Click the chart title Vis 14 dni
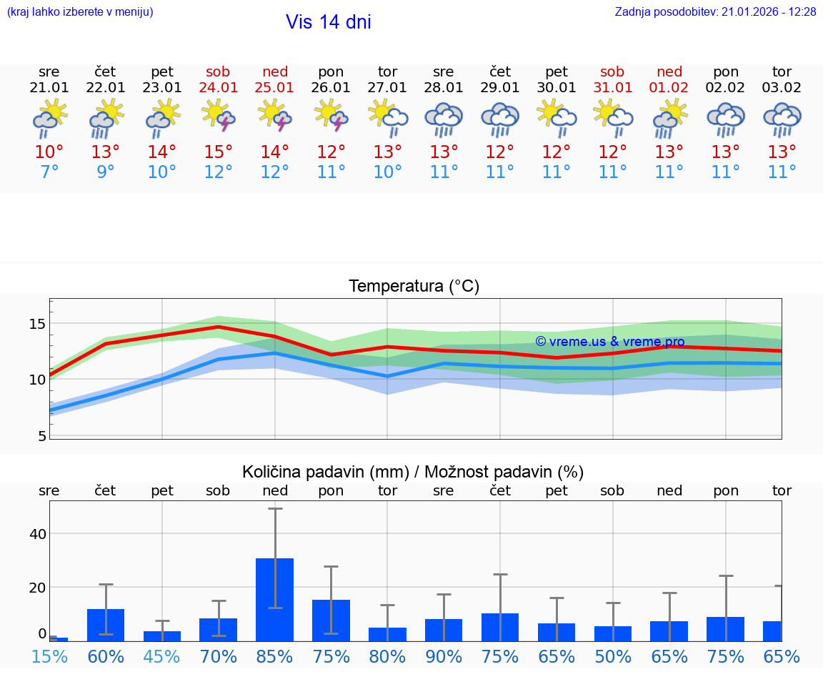pyautogui.click(x=328, y=22)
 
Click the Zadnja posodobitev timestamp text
pyautogui.click(x=715, y=12)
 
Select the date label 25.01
pyautogui.click(x=275, y=87)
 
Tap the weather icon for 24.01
pyautogui.click(x=219, y=117)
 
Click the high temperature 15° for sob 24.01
pyautogui.click(x=219, y=152)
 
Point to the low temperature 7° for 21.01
pyautogui.click(x=49, y=172)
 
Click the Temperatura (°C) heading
pyautogui.click(x=414, y=286)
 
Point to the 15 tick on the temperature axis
pyautogui.click(x=37, y=324)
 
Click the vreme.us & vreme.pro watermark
pyautogui.click(x=609, y=342)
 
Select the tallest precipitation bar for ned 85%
pyautogui.click(x=275, y=599)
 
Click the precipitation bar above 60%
pyautogui.click(x=106, y=624)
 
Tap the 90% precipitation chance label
pyautogui.click(x=444, y=656)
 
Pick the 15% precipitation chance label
pyautogui.click(x=49, y=656)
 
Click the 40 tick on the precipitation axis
pyautogui.click(x=37, y=534)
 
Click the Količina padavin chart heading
pyautogui.click(x=413, y=472)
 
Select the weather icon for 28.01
pyautogui.click(x=444, y=119)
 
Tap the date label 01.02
pyautogui.click(x=669, y=87)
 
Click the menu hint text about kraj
pyautogui.click(x=80, y=12)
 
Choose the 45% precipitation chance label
pyautogui.click(x=162, y=656)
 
